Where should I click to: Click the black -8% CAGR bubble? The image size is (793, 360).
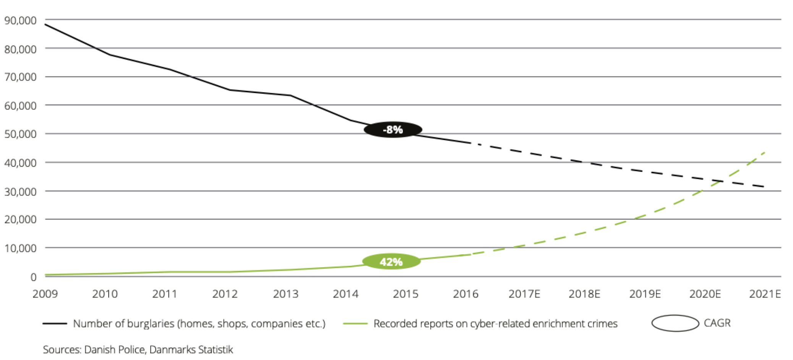(x=393, y=130)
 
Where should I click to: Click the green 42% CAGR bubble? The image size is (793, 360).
(x=391, y=261)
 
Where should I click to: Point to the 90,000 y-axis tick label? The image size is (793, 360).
(x=21, y=21)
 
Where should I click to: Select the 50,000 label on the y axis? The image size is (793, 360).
(x=21, y=134)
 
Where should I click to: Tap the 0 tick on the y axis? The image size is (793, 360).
(x=34, y=277)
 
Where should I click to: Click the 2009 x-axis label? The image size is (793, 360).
(x=45, y=294)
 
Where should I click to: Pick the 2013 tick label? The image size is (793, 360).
(x=285, y=294)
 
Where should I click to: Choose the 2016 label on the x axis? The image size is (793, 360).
(x=466, y=294)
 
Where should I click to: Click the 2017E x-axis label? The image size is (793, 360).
(x=524, y=294)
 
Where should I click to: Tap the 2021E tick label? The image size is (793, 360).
(x=765, y=294)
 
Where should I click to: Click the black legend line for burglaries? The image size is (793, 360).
(x=55, y=324)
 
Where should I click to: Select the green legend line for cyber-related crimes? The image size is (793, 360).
(x=355, y=324)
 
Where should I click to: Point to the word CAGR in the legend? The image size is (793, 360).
(x=717, y=323)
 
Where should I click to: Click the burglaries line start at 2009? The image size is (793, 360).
(x=45, y=24)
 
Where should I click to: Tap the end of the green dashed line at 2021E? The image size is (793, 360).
(x=765, y=152)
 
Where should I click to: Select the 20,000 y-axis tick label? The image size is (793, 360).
(x=21, y=219)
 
